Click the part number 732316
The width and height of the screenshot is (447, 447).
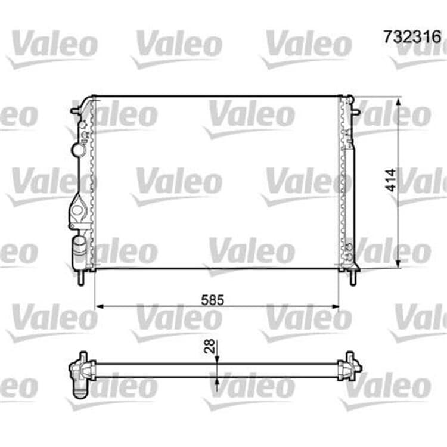pyautogui.click(x=412, y=37)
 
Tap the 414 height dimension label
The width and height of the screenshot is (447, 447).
pyautogui.click(x=390, y=180)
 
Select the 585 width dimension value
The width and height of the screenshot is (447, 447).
pyautogui.click(x=213, y=300)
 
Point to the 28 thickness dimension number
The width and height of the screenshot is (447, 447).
pyautogui.click(x=210, y=346)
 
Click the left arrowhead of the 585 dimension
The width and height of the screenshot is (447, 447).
pyautogui.click(x=98, y=307)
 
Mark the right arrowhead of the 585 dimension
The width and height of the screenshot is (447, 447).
pyautogui.click(x=336, y=307)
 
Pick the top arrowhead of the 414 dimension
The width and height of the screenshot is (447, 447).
pyautogui.click(x=399, y=101)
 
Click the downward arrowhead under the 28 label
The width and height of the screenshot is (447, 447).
pyautogui.click(x=217, y=360)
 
